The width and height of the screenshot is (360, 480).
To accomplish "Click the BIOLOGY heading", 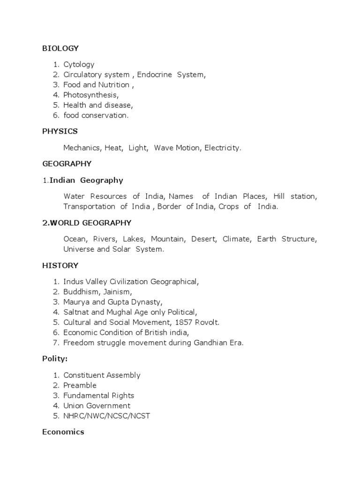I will pos(60,48).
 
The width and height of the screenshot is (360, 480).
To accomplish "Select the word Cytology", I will pos(79,65).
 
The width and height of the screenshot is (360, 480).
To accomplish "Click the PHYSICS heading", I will pos(60,131).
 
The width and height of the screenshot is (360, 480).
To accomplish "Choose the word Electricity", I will pos(223,148).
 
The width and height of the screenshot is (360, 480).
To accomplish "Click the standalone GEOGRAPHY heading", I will pos(67,164).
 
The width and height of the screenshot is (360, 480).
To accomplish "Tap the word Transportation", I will pos(89,206).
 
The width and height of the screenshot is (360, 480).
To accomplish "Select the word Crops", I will pos(229,206).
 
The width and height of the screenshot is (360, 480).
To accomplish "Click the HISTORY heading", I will pos(60,265).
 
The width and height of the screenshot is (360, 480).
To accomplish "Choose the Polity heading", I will pos(55,359).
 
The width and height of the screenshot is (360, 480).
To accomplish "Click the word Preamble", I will pos(80,385).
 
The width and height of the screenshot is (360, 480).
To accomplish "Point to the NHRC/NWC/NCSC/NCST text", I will pos(107,416).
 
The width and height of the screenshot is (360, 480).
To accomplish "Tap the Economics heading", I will pos(63,432).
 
